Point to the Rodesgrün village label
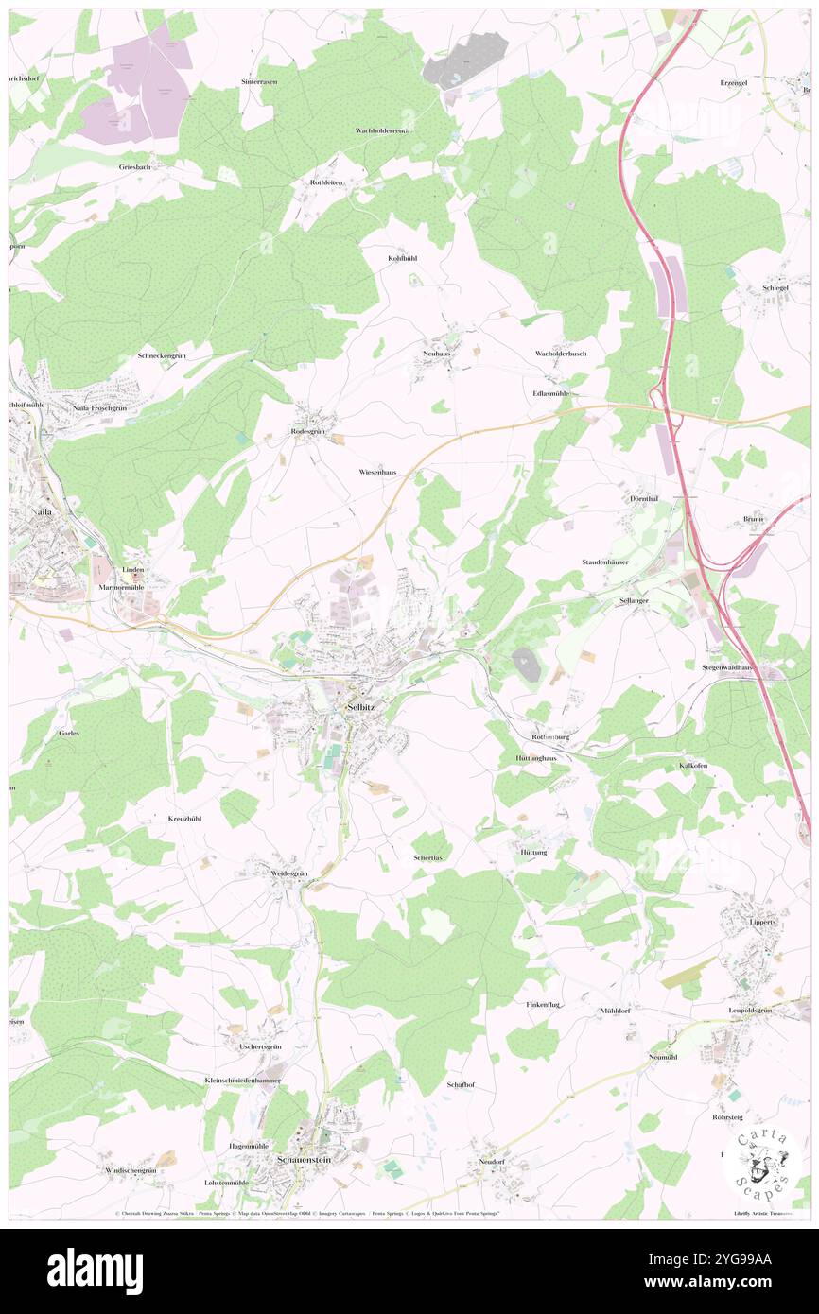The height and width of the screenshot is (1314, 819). click(x=307, y=431)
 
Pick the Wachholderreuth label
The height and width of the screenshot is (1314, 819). click(x=383, y=130)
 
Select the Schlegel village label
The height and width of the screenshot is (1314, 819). click(x=775, y=287)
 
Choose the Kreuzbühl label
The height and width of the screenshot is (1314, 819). click(x=185, y=818)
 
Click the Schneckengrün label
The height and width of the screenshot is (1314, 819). click(x=166, y=356)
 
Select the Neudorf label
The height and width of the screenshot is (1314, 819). click(x=493, y=1161)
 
